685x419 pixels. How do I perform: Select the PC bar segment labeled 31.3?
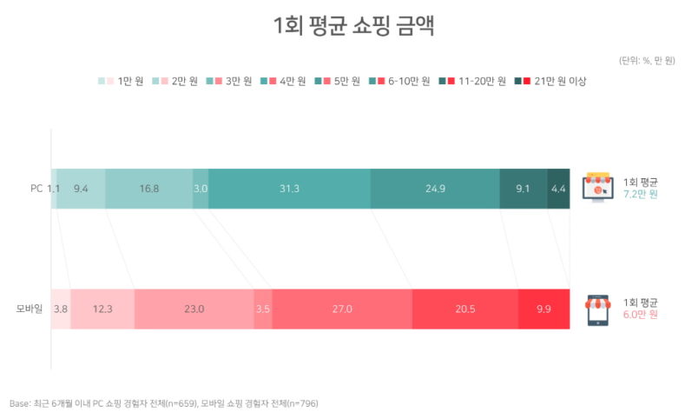(x=289, y=189)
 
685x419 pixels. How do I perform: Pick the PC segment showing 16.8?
(x=148, y=189)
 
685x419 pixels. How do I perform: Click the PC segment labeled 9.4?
(x=81, y=189)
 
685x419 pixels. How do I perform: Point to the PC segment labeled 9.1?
(x=523, y=189)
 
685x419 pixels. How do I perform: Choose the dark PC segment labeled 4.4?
(x=558, y=189)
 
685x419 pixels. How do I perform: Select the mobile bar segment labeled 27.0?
(x=341, y=309)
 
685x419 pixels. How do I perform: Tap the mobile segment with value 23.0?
(x=194, y=309)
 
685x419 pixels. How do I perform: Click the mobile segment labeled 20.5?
(x=464, y=309)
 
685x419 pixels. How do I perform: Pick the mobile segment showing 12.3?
(x=102, y=309)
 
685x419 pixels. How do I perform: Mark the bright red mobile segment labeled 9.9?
(x=543, y=309)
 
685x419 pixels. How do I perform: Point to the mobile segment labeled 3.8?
(x=61, y=309)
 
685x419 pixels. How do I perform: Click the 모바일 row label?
(x=30, y=309)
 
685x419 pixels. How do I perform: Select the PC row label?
(x=36, y=189)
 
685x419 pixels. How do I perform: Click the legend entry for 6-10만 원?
(x=400, y=81)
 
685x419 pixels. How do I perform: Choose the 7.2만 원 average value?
(x=641, y=195)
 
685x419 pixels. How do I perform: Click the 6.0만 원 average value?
(x=641, y=315)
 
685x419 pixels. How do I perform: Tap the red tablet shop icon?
(x=597, y=309)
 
